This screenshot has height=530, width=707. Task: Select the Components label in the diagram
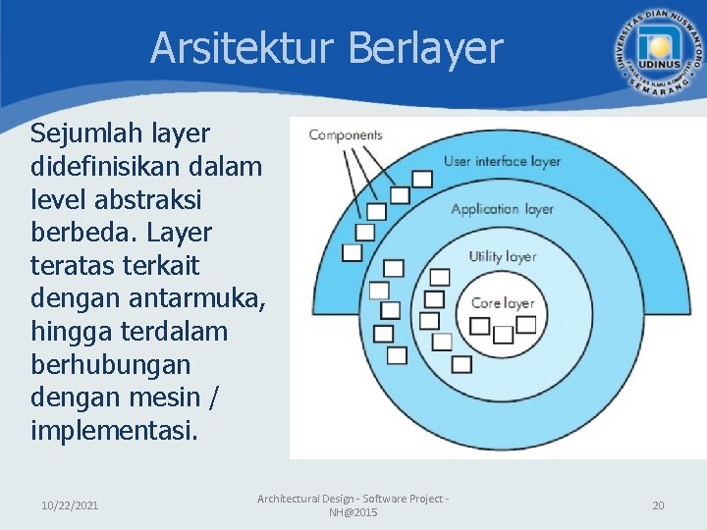(x=346, y=135)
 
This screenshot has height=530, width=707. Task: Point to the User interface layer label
(x=502, y=161)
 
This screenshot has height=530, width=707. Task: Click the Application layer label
(x=502, y=208)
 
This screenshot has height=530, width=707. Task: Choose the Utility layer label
(x=502, y=256)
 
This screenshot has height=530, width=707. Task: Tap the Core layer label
(x=503, y=303)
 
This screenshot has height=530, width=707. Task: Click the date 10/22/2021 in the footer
(x=70, y=505)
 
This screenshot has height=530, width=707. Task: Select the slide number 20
(x=658, y=505)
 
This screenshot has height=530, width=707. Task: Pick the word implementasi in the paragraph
(x=114, y=430)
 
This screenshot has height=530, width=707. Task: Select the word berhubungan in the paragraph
(x=112, y=364)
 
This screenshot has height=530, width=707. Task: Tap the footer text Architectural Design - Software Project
(x=353, y=499)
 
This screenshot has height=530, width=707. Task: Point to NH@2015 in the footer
(x=353, y=513)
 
